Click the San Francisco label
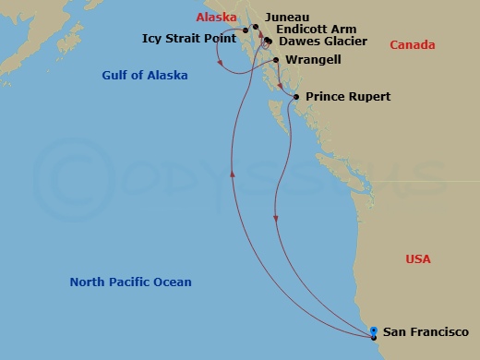pos(426,332)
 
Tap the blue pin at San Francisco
pos(373,331)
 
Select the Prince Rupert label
pos(348,97)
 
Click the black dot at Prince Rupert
pos(294,97)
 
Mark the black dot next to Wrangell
pos(277,61)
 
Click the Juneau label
pos(286,17)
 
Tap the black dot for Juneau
pos(257,17)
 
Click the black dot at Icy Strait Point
pos(246,31)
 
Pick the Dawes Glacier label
pos(322,42)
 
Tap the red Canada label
pos(411,45)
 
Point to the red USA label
pos(418,259)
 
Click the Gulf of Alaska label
pos(146,75)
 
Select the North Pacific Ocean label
pos(131,282)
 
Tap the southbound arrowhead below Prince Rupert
pos(276,218)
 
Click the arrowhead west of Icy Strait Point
pos(219,62)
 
